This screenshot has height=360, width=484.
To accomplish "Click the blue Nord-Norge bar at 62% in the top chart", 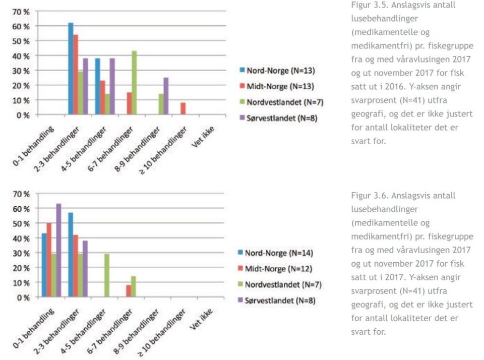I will pos(71,69).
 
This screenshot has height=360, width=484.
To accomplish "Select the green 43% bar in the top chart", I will pos(134,83).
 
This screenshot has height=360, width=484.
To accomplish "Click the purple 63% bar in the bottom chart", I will pos(59,251).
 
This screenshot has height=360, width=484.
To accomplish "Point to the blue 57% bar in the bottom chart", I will pos(71,255).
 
